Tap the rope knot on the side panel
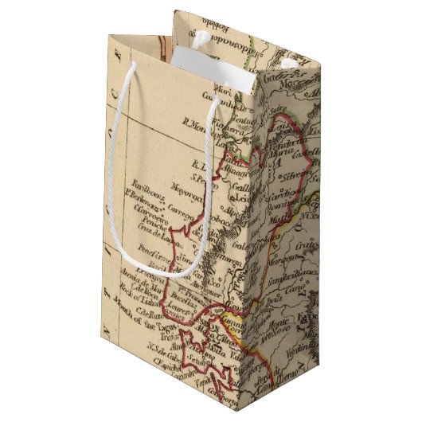(288, 61)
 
